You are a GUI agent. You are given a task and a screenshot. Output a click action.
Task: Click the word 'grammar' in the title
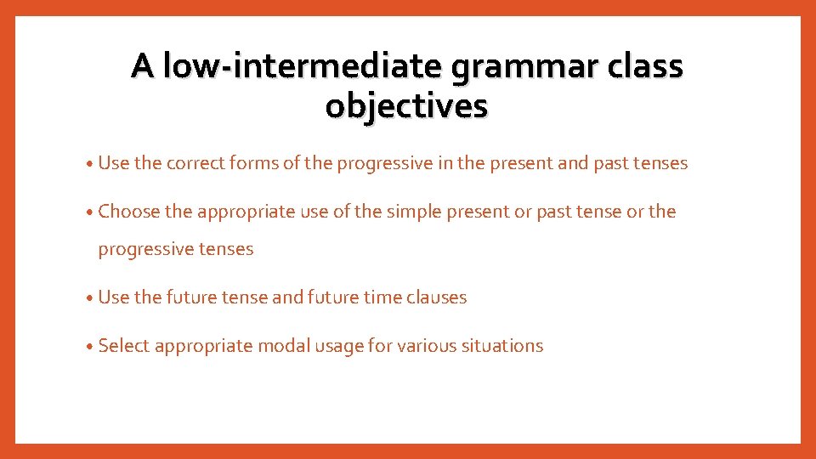(x=520, y=67)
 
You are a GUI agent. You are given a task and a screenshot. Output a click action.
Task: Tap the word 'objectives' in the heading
(x=406, y=106)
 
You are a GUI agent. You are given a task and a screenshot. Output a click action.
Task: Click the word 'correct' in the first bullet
(x=195, y=163)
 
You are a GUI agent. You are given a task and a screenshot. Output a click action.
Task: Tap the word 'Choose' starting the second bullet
(x=129, y=212)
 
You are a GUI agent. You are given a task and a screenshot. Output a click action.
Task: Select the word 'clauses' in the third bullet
(x=436, y=297)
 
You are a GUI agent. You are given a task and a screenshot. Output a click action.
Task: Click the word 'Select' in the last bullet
(x=124, y=346)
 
